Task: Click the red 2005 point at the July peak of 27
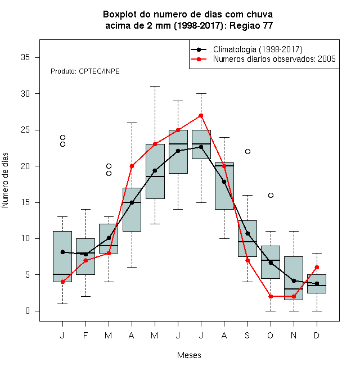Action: click(x=201, y=115)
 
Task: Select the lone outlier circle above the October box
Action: click(x=271, y=195)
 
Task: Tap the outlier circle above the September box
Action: click(x=247, y=151)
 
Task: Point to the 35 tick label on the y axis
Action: click(x=25, y=57)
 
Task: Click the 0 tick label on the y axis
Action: click(x=28, y=311)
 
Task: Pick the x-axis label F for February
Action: click(x=85, y=335)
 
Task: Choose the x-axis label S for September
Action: click(x=247, y=335)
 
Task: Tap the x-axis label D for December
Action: click(x=317, y=335)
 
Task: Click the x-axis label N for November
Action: click(x=294, y=335)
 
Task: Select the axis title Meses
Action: click(x=189, y=355)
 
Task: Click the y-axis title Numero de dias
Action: click(x=5, y=180)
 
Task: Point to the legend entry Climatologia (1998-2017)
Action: click(x=258, y=49)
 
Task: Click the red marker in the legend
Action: click(x=199, y=59)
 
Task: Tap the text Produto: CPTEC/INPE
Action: click(x=85, y=71)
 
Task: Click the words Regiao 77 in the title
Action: click(x=251, y=25)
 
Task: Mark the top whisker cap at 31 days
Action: click(x=155, y=87)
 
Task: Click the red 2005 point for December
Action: click(x=317, y=268)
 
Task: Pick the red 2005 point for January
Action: click(x=62, y=282)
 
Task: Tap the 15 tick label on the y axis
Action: click(x=25, y=202)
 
